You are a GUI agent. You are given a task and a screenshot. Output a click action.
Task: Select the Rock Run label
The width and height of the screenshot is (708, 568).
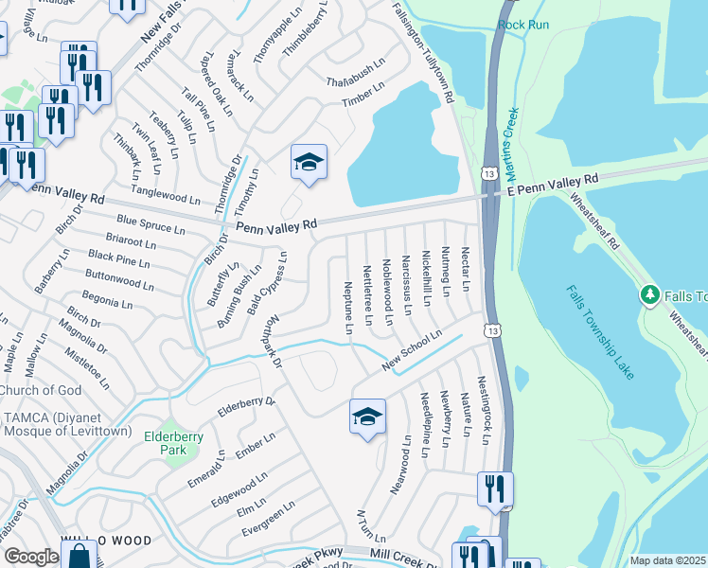click(523, 24)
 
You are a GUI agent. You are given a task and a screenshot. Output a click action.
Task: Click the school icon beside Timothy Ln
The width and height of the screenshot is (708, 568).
click(309, 163)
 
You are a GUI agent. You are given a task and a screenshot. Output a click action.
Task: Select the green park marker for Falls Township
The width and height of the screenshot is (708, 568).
click(649, 295)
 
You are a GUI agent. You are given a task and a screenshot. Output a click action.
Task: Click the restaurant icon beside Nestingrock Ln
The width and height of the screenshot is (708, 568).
click(495, 489)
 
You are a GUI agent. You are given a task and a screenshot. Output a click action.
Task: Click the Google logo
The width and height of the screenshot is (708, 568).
click(31, 557)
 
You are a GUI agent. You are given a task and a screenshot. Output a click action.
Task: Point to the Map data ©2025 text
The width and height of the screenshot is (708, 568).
click(667, 560)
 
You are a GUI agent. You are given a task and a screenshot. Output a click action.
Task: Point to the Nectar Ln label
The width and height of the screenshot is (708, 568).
click(466, 270)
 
